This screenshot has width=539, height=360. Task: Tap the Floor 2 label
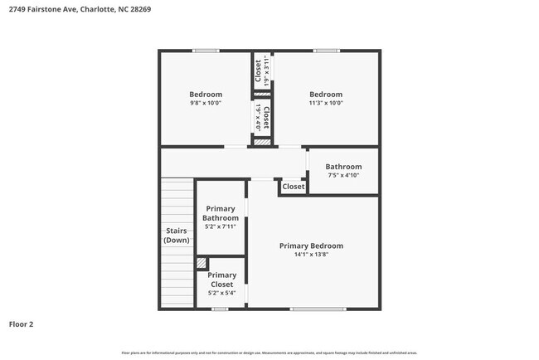click(x=22, y=324)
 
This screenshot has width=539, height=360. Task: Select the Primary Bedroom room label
click(x=311, y=246)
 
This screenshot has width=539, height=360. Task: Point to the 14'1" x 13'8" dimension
click(x=311, y=255)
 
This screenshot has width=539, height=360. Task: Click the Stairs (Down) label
click(x=176, y=236)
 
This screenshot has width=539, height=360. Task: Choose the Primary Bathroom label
click(x=221, y=213)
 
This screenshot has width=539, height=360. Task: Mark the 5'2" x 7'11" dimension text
click(x=221, y=226)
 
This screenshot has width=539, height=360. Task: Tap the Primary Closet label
click(x=221, y=280)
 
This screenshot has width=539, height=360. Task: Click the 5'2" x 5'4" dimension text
click(x=221, y=293)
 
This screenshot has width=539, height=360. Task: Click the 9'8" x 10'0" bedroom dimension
click(x=206, y=103)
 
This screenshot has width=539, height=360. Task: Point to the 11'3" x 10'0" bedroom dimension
click(x=326, y=103)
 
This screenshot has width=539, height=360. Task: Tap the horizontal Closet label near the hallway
click(x=293, y=187)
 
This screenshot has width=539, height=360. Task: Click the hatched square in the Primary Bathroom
click(x=201, y=263)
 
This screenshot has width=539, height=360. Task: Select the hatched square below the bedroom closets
click(x=262, y=143)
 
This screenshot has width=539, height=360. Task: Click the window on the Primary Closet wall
click(x=220, y=309)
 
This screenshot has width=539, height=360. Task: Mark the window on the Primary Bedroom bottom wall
click(x=318, y=309)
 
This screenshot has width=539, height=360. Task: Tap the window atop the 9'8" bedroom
click(x=206, y=51)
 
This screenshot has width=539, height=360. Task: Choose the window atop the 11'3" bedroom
click(x=326, y=51)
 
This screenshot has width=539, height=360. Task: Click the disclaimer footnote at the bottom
click(x=269, y=353)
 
